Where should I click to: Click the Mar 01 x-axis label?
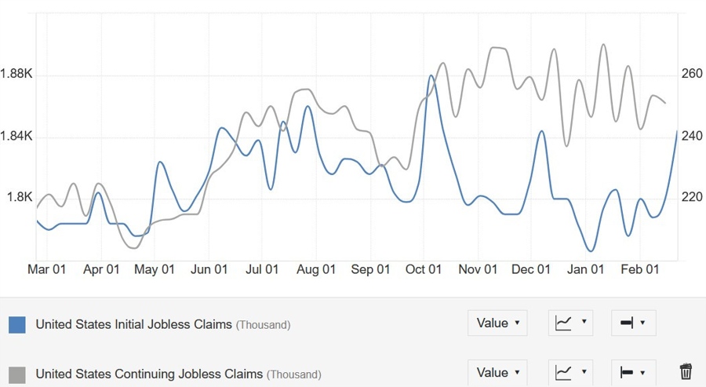pyautogui.click(x=46, y=269)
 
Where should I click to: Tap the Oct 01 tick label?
pyautogui.click(x=424, y=269)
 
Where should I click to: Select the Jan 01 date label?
pyautogui.click(x=586, y=269)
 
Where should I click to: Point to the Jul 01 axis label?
pyautogui.click(x=262, y=269)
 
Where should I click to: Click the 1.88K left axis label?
pyautogui.click(x=16, y=75)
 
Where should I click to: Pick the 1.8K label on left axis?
pyautogui.click(x=19, y=197)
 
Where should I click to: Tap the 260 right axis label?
pyautogui.click(x=692, y=75)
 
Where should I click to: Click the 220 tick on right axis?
pyautogui.click(x=692, y=197)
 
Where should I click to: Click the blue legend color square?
pyautogui.click(x=17, y=324)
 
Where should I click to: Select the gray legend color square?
pyautogui.click(x=17, y=374)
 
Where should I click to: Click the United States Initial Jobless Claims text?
pyautogui.click(x=133, y=324)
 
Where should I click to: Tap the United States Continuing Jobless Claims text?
pyautogui.click(x=149, y=374)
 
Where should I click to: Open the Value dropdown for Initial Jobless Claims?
pyautogui.click(x=497, y=323)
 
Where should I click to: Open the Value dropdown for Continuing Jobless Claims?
pyautogui.click(x=497, y=372)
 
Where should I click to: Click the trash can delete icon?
pyautogui.click(x=686, y=372)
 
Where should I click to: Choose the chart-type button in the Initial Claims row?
pyautogui.click(x=570, y=323)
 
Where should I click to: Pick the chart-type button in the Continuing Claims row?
pyautogui.click(x=570, y=372)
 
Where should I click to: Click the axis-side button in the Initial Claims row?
pyautogui.click(x=631, y=323)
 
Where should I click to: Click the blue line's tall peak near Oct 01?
pyautogui.click(x=431, y=76)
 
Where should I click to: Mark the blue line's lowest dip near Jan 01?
pyautogui.click(x=591, y=250)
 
